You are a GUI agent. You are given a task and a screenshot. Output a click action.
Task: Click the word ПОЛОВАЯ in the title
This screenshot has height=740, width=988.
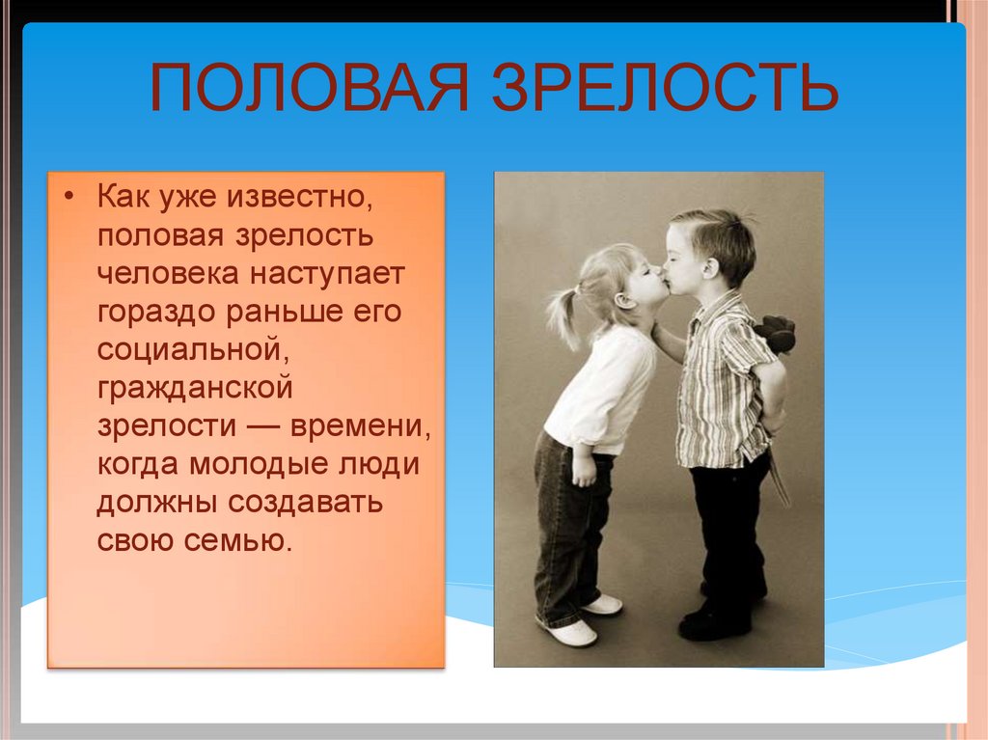click(310, 88)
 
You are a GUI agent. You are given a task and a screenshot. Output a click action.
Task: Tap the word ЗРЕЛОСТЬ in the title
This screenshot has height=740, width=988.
click(665, 88)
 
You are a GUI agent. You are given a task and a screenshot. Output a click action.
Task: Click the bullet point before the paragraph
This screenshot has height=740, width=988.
click(69, 196)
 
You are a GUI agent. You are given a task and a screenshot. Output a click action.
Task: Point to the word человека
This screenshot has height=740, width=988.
click(168, 274)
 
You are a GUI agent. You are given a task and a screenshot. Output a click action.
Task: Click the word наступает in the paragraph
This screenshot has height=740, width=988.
click(326, 275)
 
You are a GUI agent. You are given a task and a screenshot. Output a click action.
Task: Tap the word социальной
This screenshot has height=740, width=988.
click(193, 350)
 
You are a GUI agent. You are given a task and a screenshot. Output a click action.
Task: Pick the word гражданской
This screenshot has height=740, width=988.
click(195, 389)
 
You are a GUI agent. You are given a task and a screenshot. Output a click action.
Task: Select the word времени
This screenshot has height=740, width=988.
click(360, 427)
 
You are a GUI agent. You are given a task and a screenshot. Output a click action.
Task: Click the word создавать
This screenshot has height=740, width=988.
click(305, 503)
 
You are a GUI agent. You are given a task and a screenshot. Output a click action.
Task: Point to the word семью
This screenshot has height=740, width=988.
click(238, 541)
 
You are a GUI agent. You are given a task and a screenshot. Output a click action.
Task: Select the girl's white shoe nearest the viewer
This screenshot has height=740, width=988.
click(569, 631)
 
